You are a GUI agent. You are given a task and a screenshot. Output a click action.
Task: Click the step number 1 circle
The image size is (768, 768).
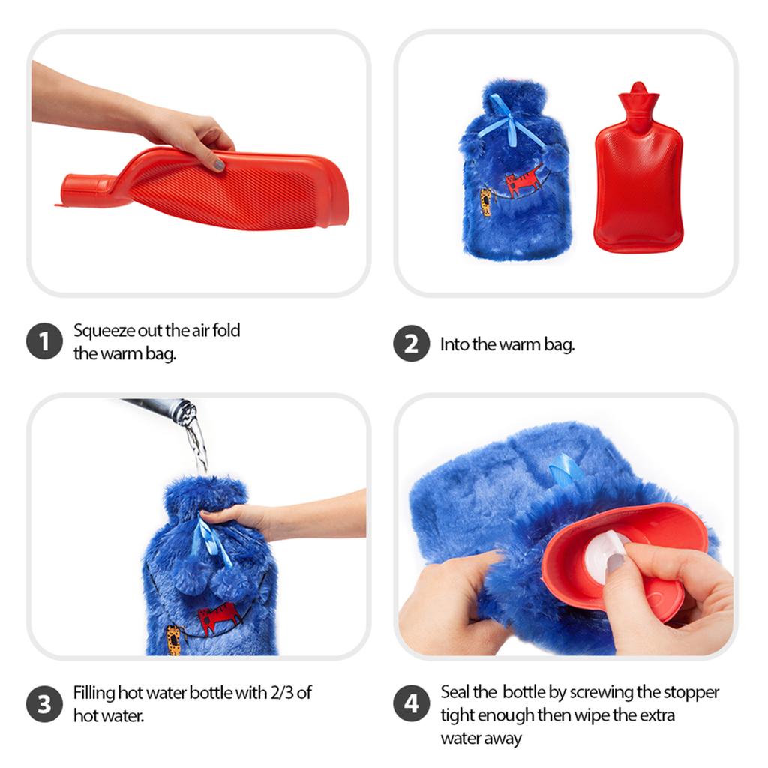[x=43, y=343]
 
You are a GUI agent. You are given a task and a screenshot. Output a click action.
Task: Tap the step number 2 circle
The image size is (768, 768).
[x=411, y=344]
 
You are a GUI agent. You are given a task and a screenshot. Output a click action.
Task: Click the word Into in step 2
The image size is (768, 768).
[x=454, y=345]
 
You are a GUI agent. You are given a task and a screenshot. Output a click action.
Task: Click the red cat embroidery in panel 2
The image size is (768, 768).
[x=523, y=182]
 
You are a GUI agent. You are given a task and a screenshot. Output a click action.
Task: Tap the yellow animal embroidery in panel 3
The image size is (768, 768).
[x=174, y=637]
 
